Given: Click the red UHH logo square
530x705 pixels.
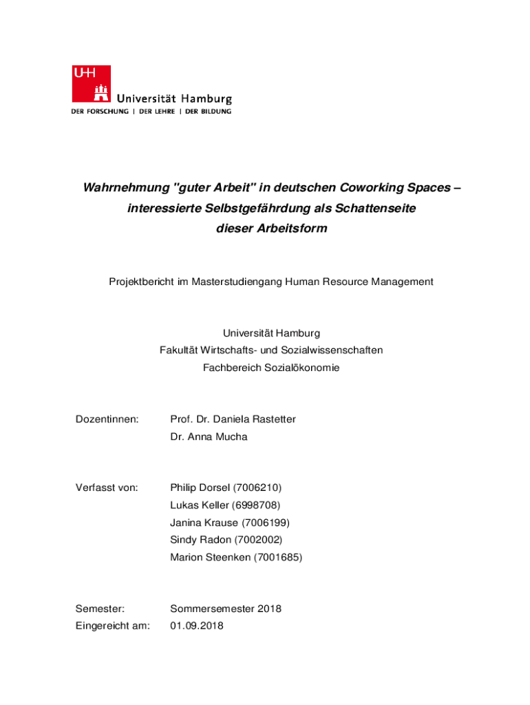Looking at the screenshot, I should pos(91,84).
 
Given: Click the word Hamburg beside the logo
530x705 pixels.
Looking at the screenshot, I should pos(206,99).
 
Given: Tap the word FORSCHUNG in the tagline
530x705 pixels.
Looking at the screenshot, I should pos(106,112).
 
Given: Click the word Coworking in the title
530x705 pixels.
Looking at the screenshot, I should pos(368,188).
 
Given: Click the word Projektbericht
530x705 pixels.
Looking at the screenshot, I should pos(142,282).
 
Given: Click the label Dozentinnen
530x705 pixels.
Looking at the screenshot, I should pos(107,419).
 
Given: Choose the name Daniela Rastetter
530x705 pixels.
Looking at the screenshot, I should pos(254,419).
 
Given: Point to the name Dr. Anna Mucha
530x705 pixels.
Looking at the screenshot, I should pos(209,436).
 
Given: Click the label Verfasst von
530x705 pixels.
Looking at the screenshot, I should pos(107,488).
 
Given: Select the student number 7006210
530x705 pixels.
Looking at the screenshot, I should pos(257,488).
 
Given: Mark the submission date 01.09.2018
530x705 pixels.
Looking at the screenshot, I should pos(197,626).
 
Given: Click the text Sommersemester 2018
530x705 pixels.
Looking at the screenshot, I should pos(226,609).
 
